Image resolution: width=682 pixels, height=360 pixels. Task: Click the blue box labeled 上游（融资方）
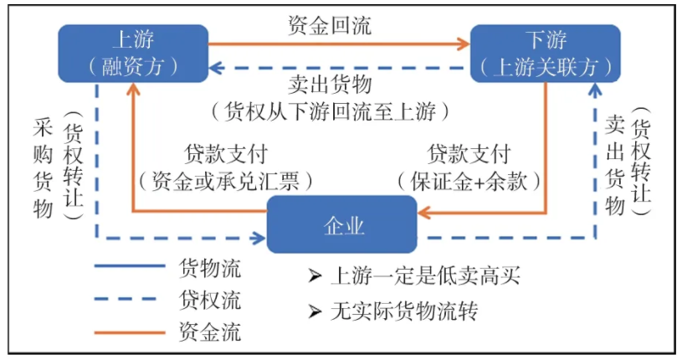[x=131, y=53]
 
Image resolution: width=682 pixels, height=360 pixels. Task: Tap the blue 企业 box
[x=343, y=225]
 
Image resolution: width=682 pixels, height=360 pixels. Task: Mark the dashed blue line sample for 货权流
[x=130, y=300]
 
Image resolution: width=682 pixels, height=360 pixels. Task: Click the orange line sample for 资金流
[x=130, y=332]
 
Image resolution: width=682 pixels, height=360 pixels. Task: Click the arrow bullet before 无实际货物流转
[x=315, y=311]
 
